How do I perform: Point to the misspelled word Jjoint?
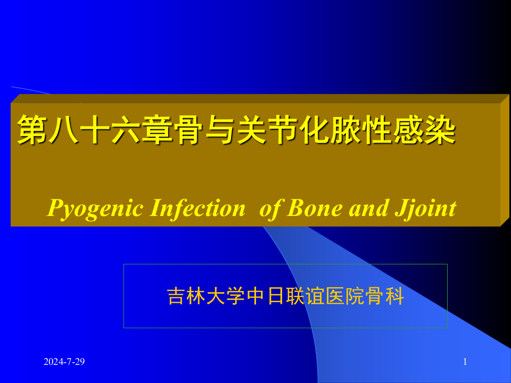[x=426, y=208]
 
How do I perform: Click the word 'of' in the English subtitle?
[x=270, y=208]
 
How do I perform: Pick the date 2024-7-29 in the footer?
[x=64, y=362]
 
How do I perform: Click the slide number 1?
[x=465, y=362]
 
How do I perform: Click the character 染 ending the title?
[x=441, y=130]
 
